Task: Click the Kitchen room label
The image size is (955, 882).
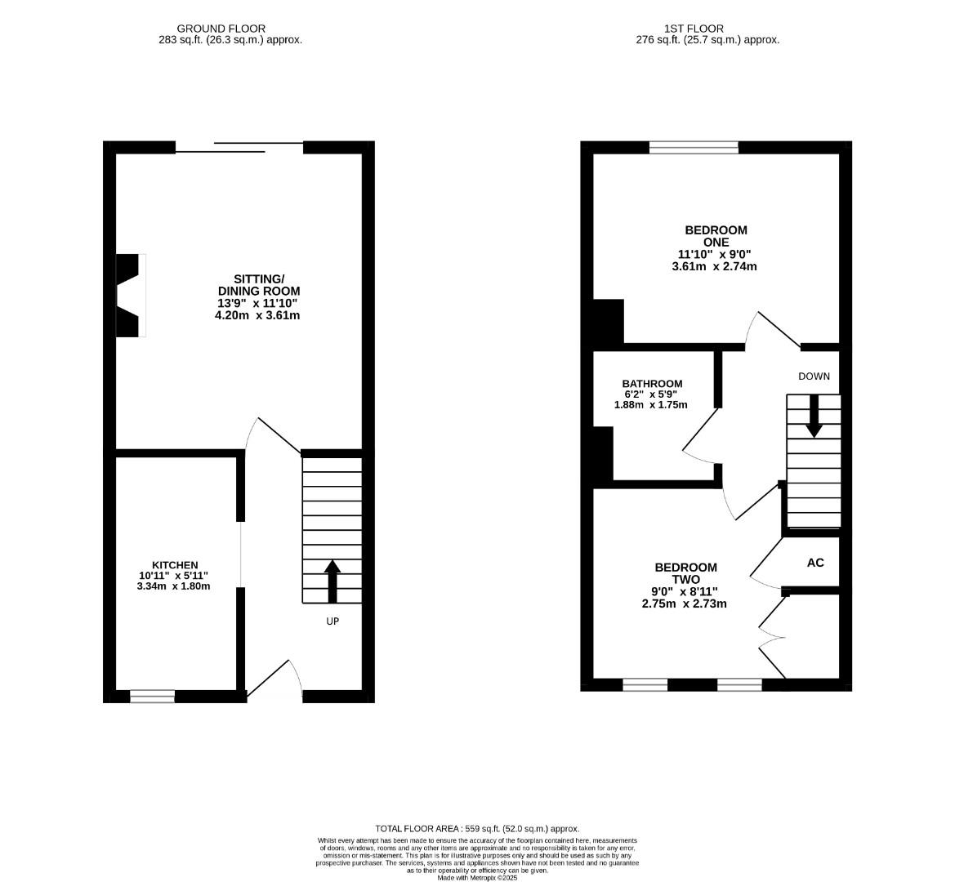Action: point(175,565)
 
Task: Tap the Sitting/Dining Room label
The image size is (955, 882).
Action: point(257,285)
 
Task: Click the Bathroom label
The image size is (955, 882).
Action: point(652,384)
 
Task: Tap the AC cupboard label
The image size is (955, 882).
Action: point(814,563)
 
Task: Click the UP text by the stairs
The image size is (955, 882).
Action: point(332,621)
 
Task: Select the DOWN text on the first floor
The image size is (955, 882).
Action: point(814,376)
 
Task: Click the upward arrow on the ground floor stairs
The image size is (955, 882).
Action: point(332,580)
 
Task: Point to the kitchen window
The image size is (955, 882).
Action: point(153,697)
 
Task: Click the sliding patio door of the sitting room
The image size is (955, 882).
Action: point(239,148)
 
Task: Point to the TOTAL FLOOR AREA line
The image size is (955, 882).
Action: point(477,828)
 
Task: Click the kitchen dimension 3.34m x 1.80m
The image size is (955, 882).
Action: point(175,586)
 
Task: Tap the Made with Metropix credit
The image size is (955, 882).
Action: point(477,878)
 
